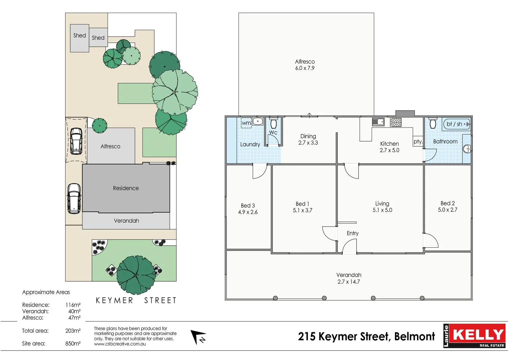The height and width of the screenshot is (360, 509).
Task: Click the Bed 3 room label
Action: click(x=248, y=209)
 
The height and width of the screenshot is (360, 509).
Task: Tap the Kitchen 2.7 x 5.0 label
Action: click(x=389, y=147)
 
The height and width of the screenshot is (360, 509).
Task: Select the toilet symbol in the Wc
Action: click(x=273, y=123)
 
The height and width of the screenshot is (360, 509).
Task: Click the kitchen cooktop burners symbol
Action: click(x=396, y=122)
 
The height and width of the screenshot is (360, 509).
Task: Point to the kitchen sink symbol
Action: click(x=378, y=122)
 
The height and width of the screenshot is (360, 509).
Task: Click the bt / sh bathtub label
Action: click(x=454, y=124)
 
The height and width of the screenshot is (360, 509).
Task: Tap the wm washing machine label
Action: click(x=246, y=123)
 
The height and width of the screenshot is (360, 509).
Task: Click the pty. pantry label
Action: click(x=418, y=141)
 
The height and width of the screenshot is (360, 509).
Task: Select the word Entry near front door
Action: click(x=352, y=233)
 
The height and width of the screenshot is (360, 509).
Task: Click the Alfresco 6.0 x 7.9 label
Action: click(x=305, y=65)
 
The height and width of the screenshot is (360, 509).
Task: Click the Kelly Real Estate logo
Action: click(x=474, y=336)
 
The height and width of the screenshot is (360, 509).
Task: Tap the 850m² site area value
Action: click(x=73, y=344)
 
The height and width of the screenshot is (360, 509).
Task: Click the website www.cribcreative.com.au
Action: click(x=120, y=344)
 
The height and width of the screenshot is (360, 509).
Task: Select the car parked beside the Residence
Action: click(x=74, y=198)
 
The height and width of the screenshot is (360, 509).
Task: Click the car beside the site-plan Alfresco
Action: click(x=76, y=141)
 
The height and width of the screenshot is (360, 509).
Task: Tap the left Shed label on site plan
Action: click(x=80, y=36)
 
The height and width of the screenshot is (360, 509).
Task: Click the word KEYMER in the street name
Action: click(x=114, y=301)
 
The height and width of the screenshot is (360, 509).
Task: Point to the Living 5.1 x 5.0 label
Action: click(x=382, y=207)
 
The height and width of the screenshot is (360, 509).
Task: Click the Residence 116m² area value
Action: click(x=73, y=305)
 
